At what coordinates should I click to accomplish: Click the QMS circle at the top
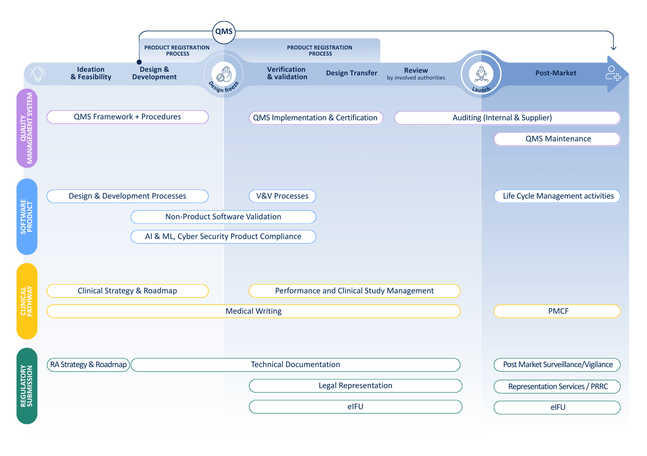click(x=224, y=32)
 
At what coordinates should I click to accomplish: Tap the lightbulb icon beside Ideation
click(x=38, y=74)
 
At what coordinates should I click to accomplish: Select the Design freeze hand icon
click(x=224, y=73)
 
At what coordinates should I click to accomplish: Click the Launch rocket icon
click(x=481, y=73)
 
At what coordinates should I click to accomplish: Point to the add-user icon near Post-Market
click(x=612, y=73)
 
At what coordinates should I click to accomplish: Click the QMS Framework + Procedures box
click(x=127, y=117)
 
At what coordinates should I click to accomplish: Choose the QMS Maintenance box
click(x=557, y=139)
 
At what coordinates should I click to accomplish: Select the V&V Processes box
click(x=282, y=196)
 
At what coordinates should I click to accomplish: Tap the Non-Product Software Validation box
click(x=223, y=217)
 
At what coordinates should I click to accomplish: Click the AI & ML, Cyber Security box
click(x=223, y=237)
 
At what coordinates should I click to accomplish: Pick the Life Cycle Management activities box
click(x=557, y=196)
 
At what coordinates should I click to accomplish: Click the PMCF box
click(x=557, y=311)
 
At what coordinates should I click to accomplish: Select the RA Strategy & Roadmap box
click(x=88, y=365)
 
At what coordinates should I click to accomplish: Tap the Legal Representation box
click(x=355, y=386)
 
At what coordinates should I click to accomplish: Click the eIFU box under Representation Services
click(x=557, y=407)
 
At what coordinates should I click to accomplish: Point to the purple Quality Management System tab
click(x=27, y=128)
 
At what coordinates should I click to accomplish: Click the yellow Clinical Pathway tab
click(x=27, y=301)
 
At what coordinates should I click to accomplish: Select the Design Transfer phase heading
click(x=351, y=73)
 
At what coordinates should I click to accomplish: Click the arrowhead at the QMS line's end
click(x=613, y=48)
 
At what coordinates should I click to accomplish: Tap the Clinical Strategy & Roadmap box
click(x=127, y=291)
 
